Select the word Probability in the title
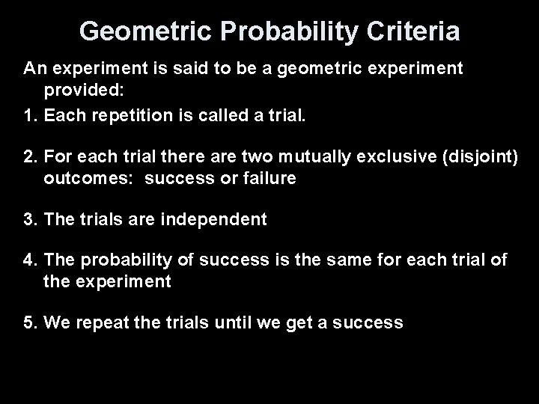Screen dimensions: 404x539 (x=270, y=31)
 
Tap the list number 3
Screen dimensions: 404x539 (x=29, y=219)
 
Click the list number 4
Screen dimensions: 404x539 (x=29, y=260)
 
